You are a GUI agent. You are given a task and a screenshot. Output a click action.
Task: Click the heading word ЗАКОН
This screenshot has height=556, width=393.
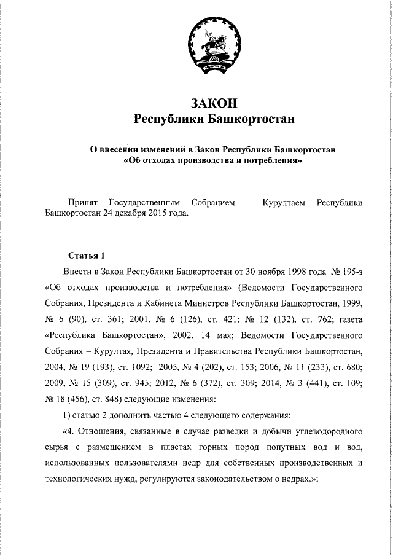tap(214, 103)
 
